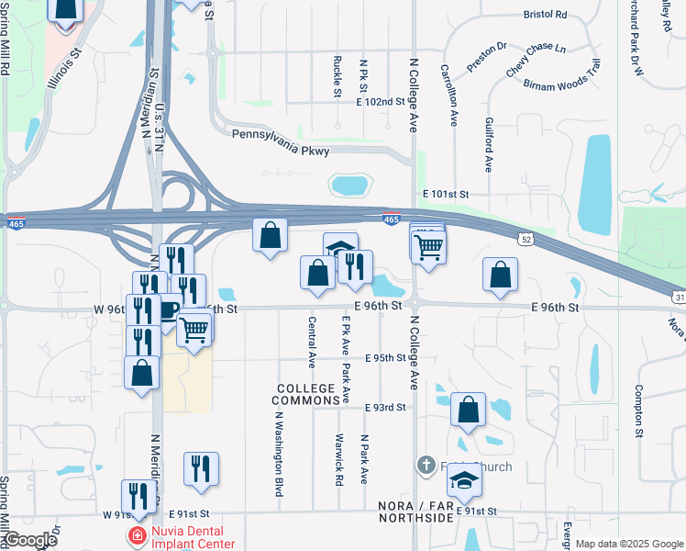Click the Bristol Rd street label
[x=546, y=15]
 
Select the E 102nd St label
[x=381, y=102]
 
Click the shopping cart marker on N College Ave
[x=428, y=246]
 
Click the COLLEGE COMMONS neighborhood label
[x=307, y=395]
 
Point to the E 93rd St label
[x=385, y=407]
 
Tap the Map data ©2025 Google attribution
[x=628, y=544]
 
